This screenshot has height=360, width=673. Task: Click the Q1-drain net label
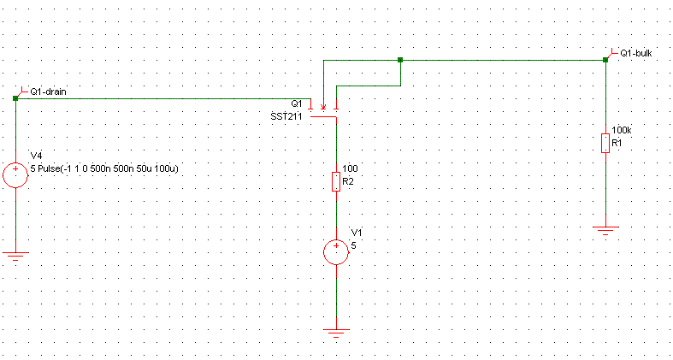click(x=47, y=91)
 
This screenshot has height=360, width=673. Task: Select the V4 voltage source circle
click(x=16, y=175)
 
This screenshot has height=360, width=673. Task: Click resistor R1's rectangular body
click(x=605, y=143)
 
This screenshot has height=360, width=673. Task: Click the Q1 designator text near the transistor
click(x=296, y=103)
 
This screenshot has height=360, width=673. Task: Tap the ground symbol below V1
click(x=337, y=333)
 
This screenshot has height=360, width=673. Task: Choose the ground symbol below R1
click(x=605, y=230)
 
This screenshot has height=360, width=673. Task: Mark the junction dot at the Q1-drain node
click(x=16, y=98)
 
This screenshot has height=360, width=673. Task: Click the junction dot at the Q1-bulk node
click(x=605, y=60)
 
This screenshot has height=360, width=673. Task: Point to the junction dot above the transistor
click(x=400, y=60)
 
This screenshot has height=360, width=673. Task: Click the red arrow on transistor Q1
click(x=323, y=106)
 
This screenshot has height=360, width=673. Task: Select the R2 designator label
click(x=347, y=181)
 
